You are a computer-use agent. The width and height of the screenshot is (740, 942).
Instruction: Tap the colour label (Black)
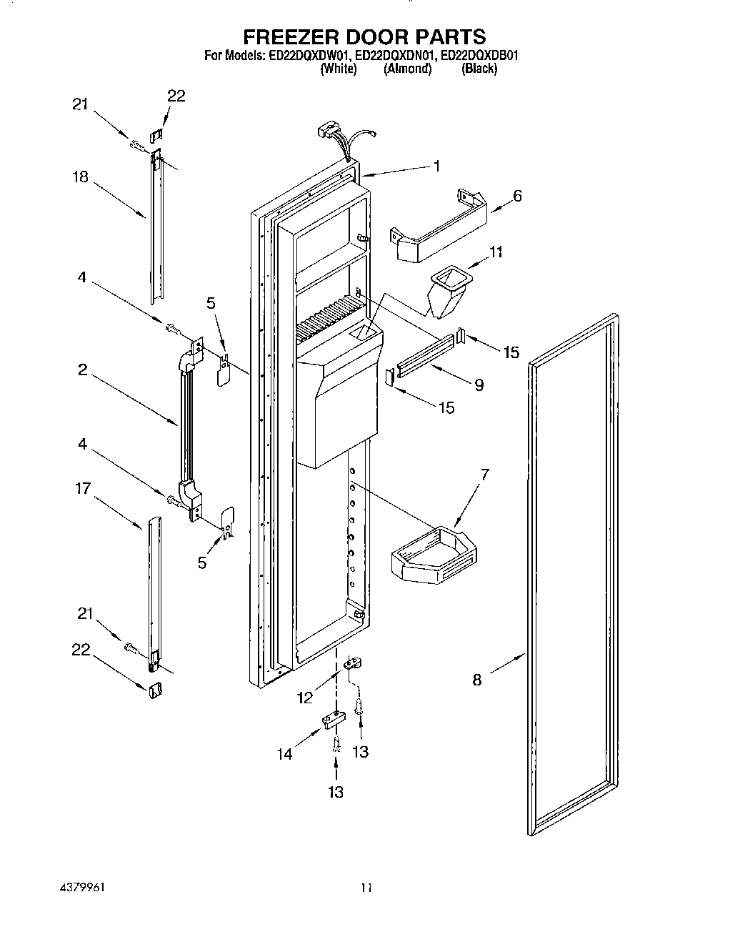pos(479,69)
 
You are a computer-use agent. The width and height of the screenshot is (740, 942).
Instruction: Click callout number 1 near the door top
pos(436,166)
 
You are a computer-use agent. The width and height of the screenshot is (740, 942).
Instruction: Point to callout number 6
pos(517,195)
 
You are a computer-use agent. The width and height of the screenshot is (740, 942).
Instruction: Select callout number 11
pos(496,252)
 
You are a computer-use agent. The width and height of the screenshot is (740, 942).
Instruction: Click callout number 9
pos(479,385)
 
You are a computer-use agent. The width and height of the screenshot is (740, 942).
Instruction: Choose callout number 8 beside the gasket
pos(477,680)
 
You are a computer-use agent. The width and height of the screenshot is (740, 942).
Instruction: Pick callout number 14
pos(285,753)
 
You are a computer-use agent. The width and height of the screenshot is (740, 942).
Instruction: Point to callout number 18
pos(80,177)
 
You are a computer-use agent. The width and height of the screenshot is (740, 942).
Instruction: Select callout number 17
pos(84,489)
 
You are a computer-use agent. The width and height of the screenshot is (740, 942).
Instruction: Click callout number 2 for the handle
pos(83,370)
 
